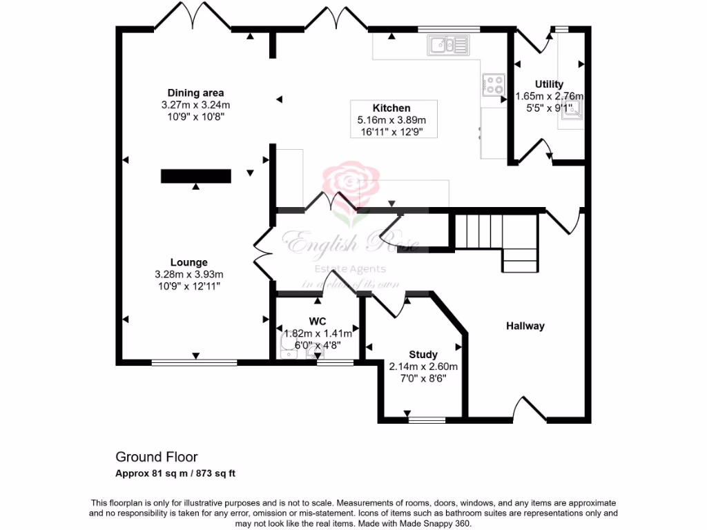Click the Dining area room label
195,93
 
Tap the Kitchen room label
391,108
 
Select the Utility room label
549,84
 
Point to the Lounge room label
189,262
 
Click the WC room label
318,321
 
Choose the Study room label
423,355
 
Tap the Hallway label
525,326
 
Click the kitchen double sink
449,46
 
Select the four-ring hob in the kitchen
494,84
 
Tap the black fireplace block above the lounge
195,176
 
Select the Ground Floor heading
156,457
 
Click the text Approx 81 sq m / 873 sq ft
175,473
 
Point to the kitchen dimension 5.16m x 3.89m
391,120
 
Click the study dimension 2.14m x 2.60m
423,366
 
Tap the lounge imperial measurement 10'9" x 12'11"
189,286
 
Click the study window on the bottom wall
427,419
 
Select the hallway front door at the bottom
530,414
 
